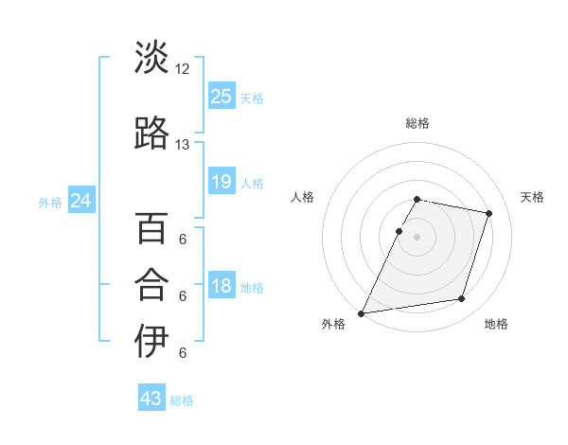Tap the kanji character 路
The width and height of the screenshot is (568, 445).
[151, 133]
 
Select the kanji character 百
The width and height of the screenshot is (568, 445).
[151, 228]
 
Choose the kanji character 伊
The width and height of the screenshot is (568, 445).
[151, 342]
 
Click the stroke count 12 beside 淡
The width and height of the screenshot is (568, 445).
[183, 69]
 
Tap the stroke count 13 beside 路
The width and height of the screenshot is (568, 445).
[183, 145]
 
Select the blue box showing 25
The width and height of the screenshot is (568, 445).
[222, 96]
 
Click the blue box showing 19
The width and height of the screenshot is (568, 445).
[222, 182]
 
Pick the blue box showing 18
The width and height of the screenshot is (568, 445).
[222, 287]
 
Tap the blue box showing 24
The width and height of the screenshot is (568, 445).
[81, 201]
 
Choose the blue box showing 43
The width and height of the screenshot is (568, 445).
[151, 399]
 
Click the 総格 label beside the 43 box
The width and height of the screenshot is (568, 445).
[182, 400]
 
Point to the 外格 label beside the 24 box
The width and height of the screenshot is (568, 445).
[50, 203]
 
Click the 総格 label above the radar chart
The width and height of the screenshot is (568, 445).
[417, 123]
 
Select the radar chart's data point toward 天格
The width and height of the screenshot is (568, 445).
[489, 214]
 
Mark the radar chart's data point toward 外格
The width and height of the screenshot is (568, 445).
[362, 313]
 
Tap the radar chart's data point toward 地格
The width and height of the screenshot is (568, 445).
[462, 299]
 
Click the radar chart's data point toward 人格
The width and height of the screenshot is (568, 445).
[399, 231]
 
